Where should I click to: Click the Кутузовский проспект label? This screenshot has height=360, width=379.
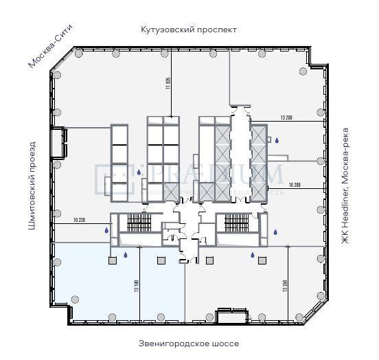(189, 30)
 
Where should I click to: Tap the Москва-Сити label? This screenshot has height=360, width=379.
(50, 46)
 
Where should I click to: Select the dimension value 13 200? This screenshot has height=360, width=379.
(287, 117)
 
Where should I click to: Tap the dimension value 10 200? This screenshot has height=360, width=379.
(296, 185)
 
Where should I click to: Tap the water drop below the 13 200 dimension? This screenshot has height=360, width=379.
(277, 141)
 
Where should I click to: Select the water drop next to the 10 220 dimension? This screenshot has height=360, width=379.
(106, 231)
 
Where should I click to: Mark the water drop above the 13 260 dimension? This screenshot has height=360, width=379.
(252, 256)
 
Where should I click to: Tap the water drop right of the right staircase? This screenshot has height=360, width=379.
(275, 232)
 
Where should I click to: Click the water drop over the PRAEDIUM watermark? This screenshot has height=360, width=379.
(139, 173)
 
